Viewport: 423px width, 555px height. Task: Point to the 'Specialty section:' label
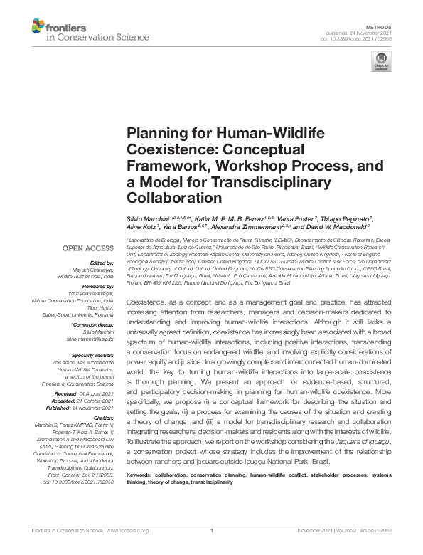point(93,354)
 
